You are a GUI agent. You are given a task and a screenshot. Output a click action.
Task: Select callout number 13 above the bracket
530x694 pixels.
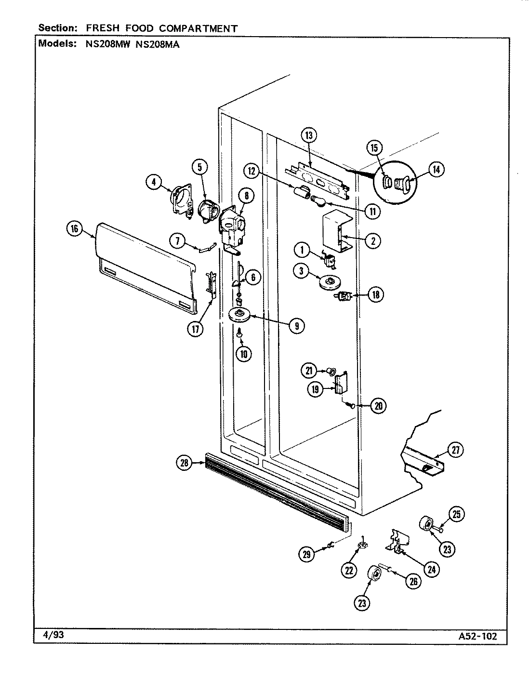coord(309,135)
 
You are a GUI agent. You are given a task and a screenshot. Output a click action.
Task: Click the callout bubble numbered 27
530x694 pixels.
coord(455,451)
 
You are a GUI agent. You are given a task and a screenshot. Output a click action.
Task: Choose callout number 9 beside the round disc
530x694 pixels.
coord(297,326)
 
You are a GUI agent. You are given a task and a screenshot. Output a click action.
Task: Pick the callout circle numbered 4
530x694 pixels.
coord(154,182)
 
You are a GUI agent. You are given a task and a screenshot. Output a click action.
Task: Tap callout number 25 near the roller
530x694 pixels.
coord(457,514)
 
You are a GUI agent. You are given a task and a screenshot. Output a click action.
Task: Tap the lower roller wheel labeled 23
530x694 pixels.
coord(374,573)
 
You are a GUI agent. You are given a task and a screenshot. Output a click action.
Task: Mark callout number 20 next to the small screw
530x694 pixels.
coord(378,406)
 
